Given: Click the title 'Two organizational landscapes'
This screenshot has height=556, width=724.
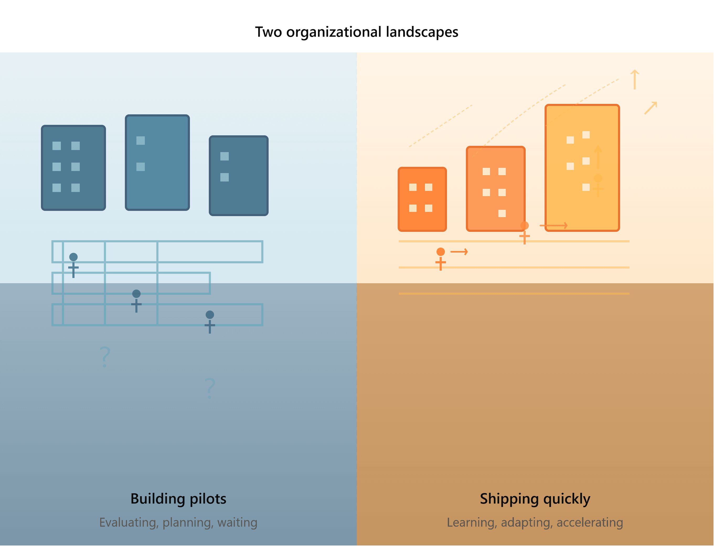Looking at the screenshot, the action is pos(356,32).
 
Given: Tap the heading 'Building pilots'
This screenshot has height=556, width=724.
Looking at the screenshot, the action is pos(178,499).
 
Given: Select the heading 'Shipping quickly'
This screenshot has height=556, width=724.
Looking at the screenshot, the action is pos(535,499).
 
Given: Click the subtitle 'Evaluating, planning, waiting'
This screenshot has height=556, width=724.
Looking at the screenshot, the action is pos(178,523).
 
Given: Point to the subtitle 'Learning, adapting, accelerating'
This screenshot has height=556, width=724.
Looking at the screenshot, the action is pos(535,523).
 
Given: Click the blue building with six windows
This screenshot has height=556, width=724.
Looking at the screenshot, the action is pos(73,168).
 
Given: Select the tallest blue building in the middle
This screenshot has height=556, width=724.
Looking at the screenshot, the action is pos(157,163).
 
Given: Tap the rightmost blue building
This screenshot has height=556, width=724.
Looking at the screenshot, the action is pos(239,176).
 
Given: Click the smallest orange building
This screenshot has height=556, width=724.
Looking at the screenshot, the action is pos(422,199).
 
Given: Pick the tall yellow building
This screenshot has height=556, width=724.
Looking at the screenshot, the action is pos(582,168).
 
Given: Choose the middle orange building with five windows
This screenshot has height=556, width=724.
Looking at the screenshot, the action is pos(496,189).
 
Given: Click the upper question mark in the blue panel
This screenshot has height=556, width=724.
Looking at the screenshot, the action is pos(105,357).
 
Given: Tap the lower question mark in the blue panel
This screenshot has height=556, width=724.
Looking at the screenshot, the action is pos(210,388).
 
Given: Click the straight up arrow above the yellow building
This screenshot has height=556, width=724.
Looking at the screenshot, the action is pos(635,79).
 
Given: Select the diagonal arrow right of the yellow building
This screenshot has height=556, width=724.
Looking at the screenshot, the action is pos(651,108).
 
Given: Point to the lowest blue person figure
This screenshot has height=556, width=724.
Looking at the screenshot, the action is pos(210,322).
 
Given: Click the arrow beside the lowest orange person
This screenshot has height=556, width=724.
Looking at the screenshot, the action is pos(459,252).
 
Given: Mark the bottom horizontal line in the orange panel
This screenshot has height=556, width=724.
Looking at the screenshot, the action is pos(514,293).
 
